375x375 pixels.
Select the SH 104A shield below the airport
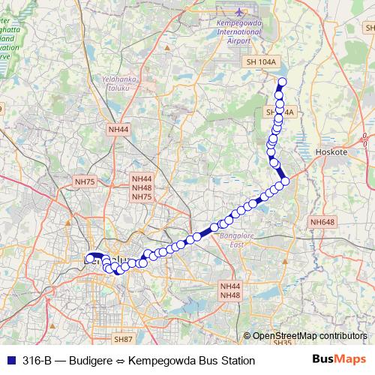261,62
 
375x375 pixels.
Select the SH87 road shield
124,340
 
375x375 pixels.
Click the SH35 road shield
283,343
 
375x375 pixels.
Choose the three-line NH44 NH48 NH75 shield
142,188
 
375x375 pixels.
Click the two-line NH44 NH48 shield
230,291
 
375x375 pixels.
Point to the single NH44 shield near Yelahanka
119,130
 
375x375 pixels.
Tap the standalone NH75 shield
85,181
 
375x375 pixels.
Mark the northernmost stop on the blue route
283,82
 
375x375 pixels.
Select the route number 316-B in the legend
37,361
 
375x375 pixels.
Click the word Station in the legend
235,361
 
